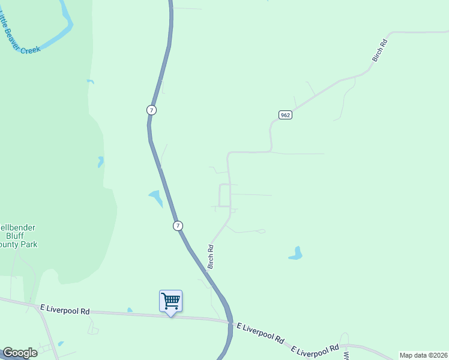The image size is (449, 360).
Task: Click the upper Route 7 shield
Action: (x=151, y=110)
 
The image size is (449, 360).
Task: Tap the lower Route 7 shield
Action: (x=178, y=226)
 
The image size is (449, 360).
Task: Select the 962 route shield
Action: (x=285, y=115)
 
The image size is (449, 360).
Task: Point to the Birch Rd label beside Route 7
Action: (x=211, y=256)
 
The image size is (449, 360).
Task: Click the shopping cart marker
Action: (x=170, y=301)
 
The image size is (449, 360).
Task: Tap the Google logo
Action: (x=20, y=353)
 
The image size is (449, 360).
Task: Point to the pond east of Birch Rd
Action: (x=295, y=254)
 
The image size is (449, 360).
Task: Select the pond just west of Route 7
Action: (x=155, y=197)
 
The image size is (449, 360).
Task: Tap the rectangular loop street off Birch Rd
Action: (x=224, y=196)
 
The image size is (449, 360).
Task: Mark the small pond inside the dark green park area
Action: (x=101, y=161)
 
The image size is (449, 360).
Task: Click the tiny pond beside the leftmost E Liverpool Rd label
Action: (x=130, y=310)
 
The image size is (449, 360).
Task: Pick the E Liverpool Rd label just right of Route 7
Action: (x=260, y=333)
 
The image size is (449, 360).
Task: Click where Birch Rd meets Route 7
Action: (x=206, y=272)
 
